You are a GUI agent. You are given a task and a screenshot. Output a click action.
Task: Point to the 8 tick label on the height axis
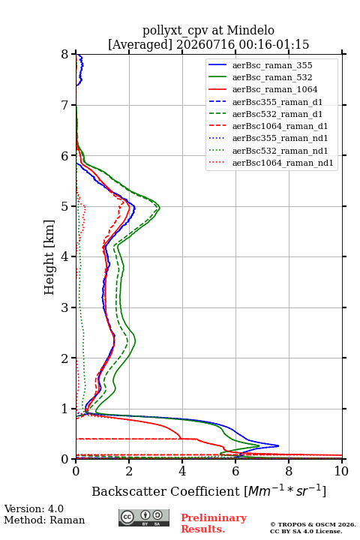point(65,55)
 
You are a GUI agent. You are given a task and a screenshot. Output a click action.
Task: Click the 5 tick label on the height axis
point(65,206)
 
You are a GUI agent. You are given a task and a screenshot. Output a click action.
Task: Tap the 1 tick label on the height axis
point(65,409)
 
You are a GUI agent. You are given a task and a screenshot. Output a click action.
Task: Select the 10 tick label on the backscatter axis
point(341,471)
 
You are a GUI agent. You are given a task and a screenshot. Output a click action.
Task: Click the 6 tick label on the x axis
point(235,471)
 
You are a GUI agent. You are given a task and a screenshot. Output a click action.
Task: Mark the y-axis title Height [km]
point(49,257)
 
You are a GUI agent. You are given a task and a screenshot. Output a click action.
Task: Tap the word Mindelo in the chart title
point(250,30)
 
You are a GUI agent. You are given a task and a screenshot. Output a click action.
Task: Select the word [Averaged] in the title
point(140,44)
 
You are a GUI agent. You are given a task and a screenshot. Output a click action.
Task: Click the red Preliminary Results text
point(214,523)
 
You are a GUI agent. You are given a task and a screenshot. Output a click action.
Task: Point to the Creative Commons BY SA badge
point(144,518)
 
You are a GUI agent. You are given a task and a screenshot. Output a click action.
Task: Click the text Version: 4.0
point(34,508)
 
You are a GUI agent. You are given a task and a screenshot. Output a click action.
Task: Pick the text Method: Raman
point(44,520)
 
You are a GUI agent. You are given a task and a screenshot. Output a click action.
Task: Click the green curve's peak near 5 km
point(160,207)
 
